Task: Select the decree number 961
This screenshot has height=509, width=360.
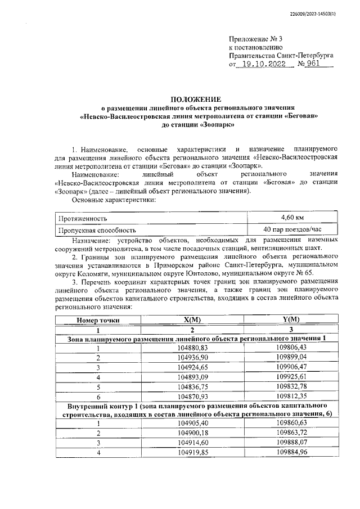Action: [319, 65]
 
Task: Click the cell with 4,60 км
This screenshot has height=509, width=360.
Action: [292, 217]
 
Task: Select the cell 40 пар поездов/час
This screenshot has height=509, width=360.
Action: [292, 229]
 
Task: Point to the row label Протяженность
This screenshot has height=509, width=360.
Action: [82, 218]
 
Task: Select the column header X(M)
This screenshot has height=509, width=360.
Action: [192, 319]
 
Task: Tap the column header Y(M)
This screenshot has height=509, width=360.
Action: [290, 319]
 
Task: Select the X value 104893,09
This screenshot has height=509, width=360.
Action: [192, 376]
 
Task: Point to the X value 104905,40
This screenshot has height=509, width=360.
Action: [192, 422]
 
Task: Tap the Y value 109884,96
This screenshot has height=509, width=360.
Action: [291, 451]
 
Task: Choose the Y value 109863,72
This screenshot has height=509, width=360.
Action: [291, 432]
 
